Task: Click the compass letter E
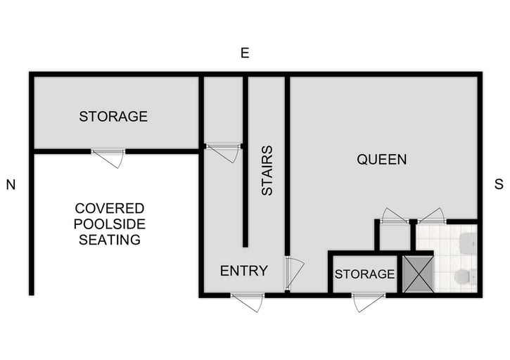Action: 245,53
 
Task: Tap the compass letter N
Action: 11,185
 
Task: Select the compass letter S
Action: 499,185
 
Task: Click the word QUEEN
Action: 381,160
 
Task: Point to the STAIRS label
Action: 267,170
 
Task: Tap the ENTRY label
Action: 243,271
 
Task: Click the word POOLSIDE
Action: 110,224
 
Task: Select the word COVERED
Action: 110,209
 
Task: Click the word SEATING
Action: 110,240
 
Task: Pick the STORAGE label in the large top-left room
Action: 113,117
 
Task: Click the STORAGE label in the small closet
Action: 364,274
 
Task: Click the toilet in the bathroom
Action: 464,276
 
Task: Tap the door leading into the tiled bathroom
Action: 431,217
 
